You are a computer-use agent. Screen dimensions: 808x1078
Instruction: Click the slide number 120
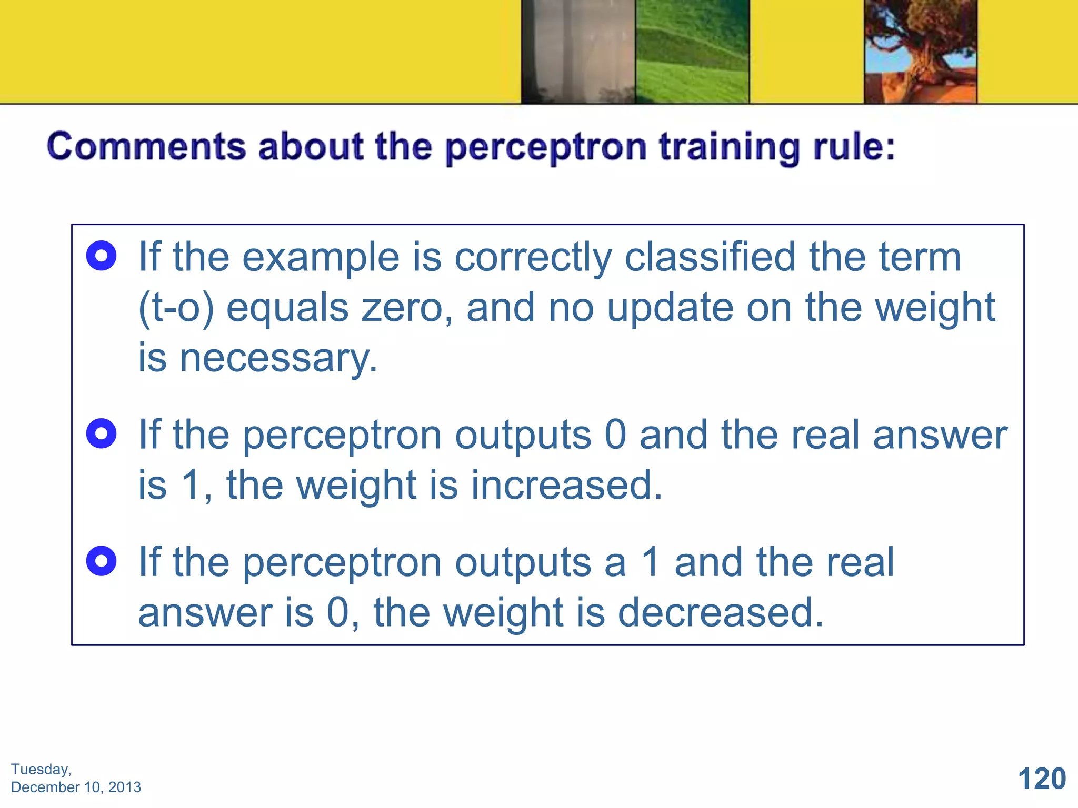click(1041, 779)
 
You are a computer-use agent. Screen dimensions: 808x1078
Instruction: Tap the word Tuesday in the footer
click(40, 769)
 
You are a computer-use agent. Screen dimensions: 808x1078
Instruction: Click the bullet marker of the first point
click(101, 256)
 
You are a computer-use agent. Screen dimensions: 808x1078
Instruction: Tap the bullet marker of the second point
click(101, 434)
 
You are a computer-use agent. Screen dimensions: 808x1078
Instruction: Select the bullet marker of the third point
click(101, 561)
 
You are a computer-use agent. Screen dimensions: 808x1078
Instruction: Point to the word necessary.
click(278, 358)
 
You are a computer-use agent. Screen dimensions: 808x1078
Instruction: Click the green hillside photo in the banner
click(692, 52)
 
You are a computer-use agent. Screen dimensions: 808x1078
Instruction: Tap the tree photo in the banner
click(921, 52)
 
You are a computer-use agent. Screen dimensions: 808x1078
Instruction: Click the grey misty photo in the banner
click(578, 52)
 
